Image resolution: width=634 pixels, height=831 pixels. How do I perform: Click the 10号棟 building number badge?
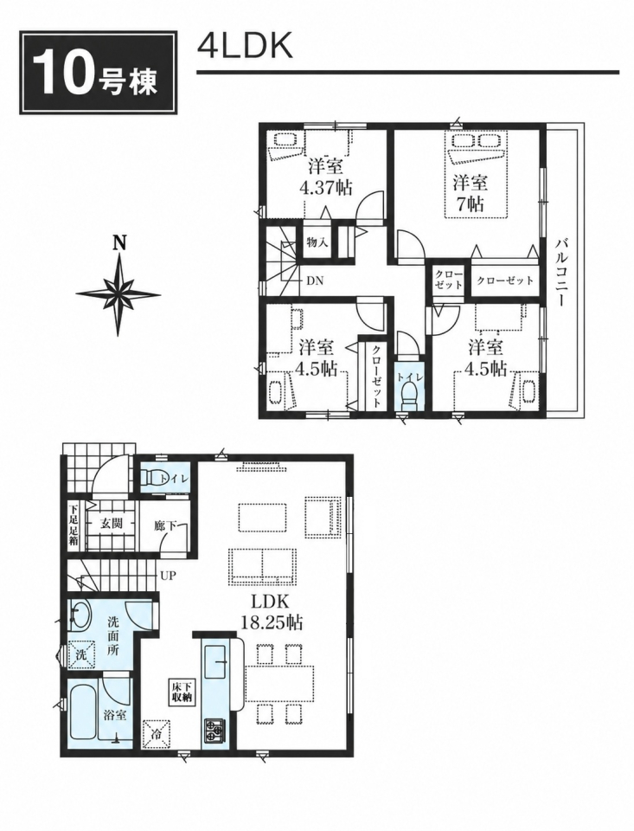coord(98,73)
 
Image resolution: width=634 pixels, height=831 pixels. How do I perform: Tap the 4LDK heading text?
coord(245,48)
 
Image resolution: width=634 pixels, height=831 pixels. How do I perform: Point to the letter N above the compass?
coord(120,244)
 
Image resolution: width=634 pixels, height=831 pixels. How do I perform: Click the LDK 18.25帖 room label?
coord(272,612)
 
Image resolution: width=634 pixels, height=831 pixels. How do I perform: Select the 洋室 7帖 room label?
coord(471,193)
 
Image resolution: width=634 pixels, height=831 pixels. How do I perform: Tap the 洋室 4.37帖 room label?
coord(326,177)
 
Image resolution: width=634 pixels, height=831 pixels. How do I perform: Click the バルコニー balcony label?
coord(561,274)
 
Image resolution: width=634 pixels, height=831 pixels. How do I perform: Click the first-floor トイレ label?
coord(174,479)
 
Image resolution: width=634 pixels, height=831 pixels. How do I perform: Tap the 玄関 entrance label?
coord(112,524)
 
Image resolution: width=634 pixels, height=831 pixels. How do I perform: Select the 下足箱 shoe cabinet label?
coord(74,524)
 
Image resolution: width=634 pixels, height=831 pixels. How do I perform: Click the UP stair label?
coord(169,576)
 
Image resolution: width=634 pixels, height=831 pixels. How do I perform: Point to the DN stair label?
coord(315,280)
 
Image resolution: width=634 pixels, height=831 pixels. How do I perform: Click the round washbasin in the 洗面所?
coord(80,615)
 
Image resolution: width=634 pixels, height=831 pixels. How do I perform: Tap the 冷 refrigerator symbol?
coord(157,732)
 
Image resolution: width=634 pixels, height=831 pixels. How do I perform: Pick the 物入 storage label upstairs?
coord(317,243)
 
